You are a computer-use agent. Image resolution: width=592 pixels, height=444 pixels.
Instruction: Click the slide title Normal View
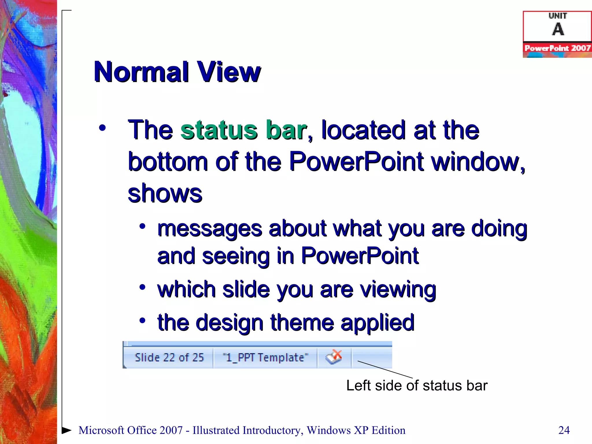click(177, 72)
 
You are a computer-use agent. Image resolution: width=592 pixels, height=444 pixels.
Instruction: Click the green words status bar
click(243, 130)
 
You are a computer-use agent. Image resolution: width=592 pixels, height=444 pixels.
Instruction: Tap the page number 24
click(564, 430)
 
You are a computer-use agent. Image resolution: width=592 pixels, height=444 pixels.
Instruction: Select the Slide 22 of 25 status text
click(169, 358)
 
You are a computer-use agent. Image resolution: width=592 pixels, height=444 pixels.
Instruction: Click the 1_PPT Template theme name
click(265, 358)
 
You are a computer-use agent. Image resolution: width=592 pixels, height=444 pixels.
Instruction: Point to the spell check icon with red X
click(334, 357)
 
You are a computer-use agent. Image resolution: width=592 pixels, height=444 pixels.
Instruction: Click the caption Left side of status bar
click(417, 386)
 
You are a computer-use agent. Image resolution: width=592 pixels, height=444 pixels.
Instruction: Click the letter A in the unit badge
click(558, 29)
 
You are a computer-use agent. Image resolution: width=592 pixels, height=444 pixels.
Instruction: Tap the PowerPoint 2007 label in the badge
click(557, 48)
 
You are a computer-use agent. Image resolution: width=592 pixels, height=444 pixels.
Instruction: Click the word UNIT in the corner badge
click(558, 16)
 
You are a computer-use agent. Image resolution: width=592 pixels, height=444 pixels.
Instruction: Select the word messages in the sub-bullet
click(210, 229)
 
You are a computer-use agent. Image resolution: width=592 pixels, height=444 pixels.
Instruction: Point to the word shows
click(165, 193)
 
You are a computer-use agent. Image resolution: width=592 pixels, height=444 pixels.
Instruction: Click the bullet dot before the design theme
click(142, 320)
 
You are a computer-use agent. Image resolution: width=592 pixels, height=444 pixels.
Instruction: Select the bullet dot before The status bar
click(102, 128)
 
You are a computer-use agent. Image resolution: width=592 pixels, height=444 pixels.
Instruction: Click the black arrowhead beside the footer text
click(67, 430)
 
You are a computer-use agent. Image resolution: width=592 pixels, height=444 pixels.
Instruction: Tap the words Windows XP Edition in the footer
click(356, 430)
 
